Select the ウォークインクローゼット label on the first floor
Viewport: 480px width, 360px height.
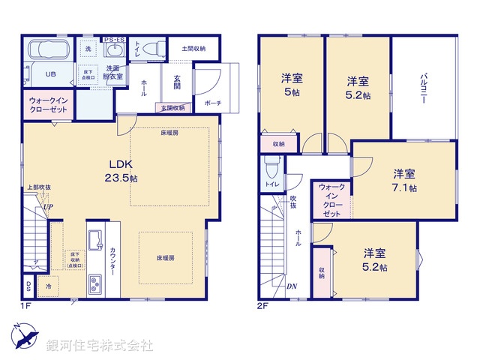(x=49, y=105)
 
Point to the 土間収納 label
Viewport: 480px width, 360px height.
(x=193, y=48)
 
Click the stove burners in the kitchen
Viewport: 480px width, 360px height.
(x=96, y=284)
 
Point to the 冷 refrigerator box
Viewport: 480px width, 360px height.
(x=49, y=286)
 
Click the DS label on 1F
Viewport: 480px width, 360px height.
(x=28, y=286)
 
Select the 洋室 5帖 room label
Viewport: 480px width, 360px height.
(x=291, y=83)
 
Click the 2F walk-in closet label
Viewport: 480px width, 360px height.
(x=331, y=200)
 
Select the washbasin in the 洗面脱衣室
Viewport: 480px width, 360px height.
(x=115, y=51)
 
